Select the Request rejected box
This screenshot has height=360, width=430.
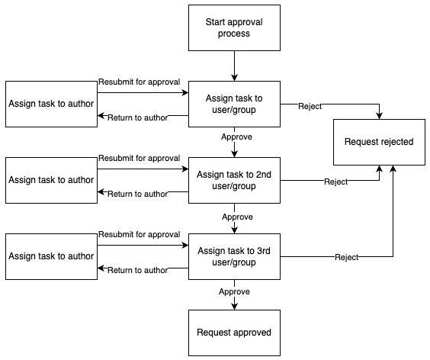[379, 142]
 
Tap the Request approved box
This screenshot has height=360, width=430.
[234, 333]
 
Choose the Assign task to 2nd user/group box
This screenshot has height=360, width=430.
[234, 180]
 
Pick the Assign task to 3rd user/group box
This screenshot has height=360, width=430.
[234, 256]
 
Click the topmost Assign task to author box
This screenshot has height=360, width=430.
[51, 104]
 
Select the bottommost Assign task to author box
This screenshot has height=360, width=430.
[51, 256]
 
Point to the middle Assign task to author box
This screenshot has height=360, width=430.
[51, 180]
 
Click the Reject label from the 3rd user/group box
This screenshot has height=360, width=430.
[347, 257]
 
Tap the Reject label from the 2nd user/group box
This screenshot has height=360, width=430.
[336, 182]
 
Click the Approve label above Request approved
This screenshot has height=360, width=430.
[235, 292]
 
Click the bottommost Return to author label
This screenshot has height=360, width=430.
[138, 270]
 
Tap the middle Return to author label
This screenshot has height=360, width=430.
[138, 194]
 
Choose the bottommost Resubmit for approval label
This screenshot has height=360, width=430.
[139, 234]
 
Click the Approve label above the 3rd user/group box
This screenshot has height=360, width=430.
[237, 217]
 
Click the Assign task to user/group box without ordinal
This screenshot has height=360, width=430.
[234, 104]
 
